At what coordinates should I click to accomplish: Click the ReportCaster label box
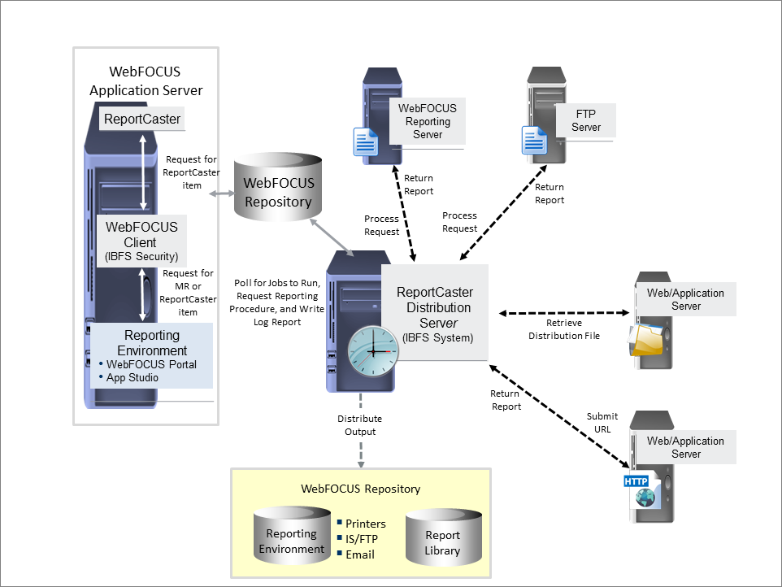pyautogui.click(x=141, y=119)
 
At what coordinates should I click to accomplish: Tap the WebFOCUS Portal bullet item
pyautogui.click(x=147, y=364)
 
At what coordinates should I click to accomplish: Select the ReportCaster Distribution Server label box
pyautogui.click(x=434, y=312)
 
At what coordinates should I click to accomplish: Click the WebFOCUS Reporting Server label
pyautogui.click(x=427, y=121)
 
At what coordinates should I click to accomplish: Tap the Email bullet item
pyautogui.click(x=360, y=554)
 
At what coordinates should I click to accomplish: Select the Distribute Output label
pyautogui.click(x=359, y=425)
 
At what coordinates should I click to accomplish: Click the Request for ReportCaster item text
pyautogui.click(x=189, y=172)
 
